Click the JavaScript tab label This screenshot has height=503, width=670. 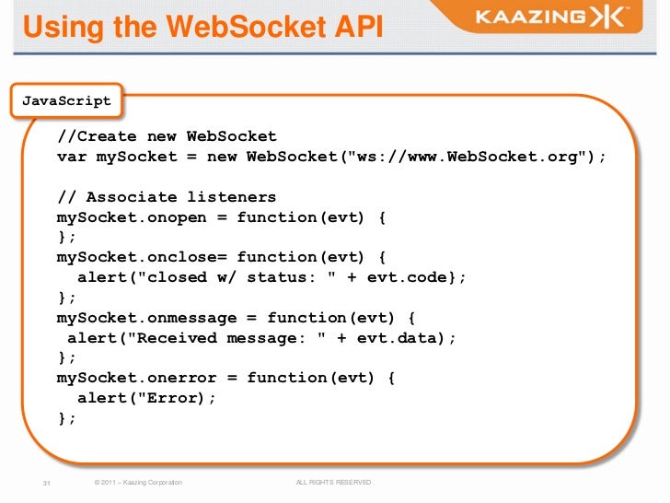click(x=66, y=101)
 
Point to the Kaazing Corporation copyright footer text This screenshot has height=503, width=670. click(x=133, y=483)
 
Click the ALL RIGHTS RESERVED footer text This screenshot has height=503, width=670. click(x=333, y=483)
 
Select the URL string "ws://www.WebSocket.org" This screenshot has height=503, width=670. click(x=467, y=157)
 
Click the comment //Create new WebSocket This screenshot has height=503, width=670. click(x=167, y=137)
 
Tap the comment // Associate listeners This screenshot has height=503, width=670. click(x=167, y=197)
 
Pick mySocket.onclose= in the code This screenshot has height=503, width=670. click(x=142, y=257)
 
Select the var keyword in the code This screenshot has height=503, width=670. click(x=72, y=157)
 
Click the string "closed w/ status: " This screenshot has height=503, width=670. click(x=243, y=277)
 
